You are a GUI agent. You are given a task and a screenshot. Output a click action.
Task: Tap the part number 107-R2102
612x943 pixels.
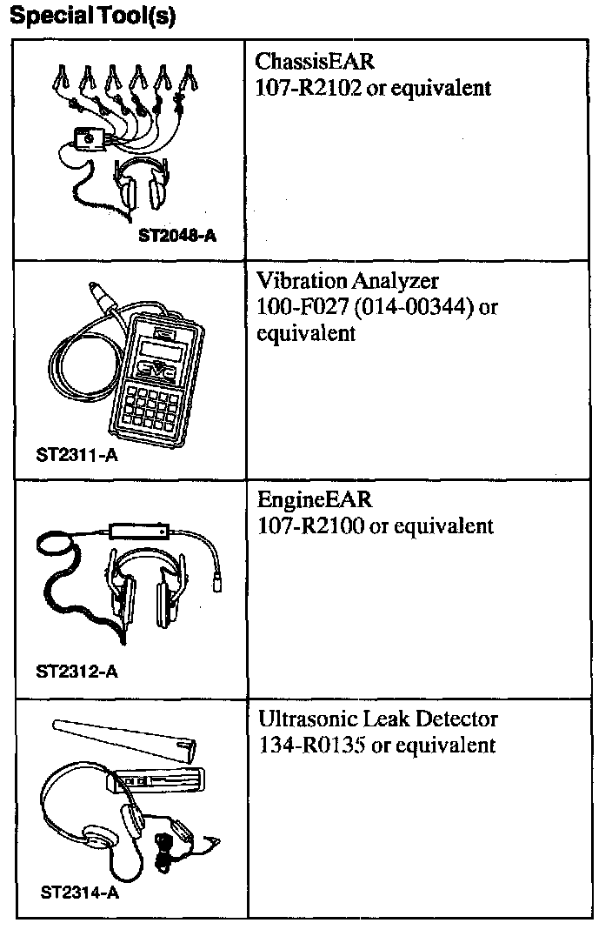(x=309, y=88)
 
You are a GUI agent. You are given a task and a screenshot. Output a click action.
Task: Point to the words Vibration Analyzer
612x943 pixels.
(x=348, y=281)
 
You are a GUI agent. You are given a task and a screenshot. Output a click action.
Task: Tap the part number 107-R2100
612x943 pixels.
(x=309, y=526)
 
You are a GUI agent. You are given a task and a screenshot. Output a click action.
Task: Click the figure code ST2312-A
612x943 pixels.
(x=78, y=671)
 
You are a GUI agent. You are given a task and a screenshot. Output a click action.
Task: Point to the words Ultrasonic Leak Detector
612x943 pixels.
(x=378, y=720)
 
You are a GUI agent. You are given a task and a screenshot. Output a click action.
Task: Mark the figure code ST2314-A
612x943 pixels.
(x=80, y=893)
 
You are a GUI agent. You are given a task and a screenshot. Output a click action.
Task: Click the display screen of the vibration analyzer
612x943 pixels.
(x=166, y=349)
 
